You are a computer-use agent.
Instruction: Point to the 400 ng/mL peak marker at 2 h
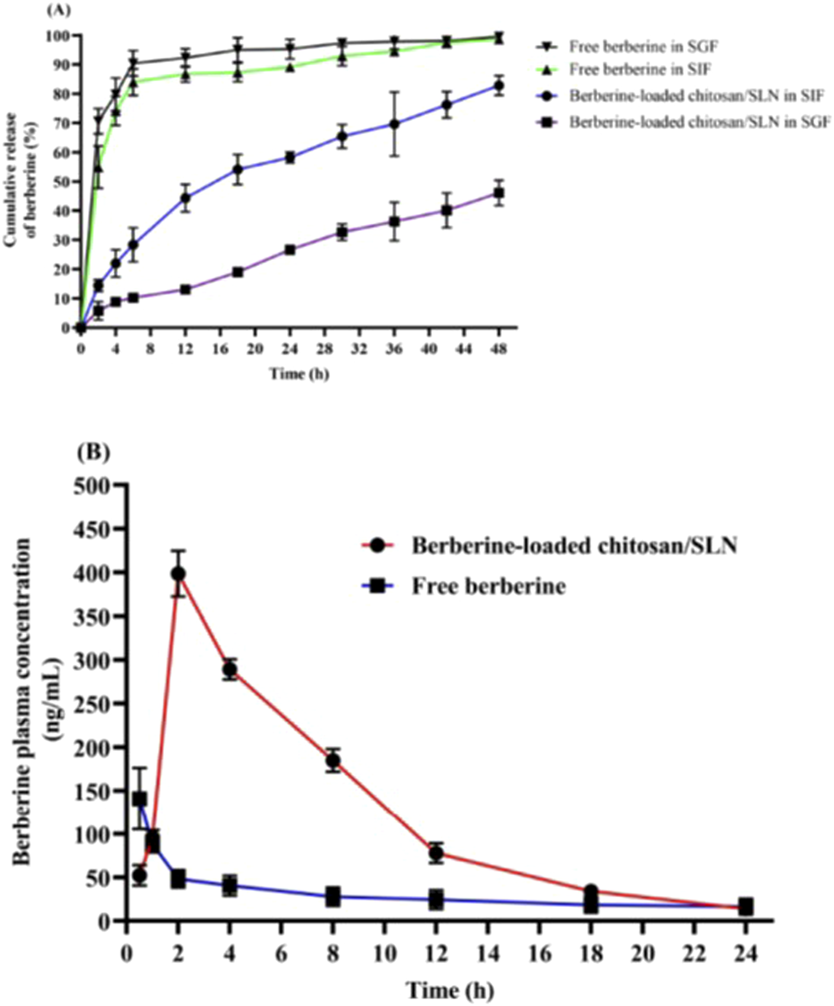pyautogui.click(x=178, y=574)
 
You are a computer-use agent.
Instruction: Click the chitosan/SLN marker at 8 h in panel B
pyautogui.click(x=333, y=760)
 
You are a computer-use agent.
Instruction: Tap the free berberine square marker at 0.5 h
pyautogui.click(x=140, y=799)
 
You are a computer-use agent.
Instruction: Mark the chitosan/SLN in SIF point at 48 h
pyautogui.click(x=499, y=86)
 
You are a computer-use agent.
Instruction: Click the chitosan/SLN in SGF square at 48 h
pyautogui.click(x=499, y=193)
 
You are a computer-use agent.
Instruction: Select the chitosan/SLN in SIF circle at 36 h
pyautogui.click(x=394, y=124)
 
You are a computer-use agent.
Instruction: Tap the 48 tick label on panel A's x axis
pyautogui.click(x=499, y=348)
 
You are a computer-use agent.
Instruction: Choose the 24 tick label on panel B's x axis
pyautogui.click(x=745, y=954)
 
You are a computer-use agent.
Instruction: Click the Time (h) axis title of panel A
pyautogui.click(x=299, y=374)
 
